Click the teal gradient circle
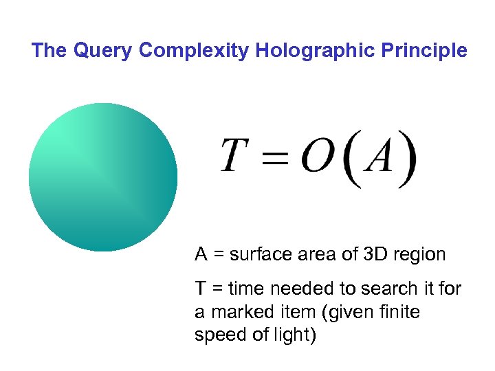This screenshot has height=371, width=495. (103, 177)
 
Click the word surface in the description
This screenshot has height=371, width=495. (258, 255)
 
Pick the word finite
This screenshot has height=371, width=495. (399, 313)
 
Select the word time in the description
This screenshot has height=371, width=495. (245, 289)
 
